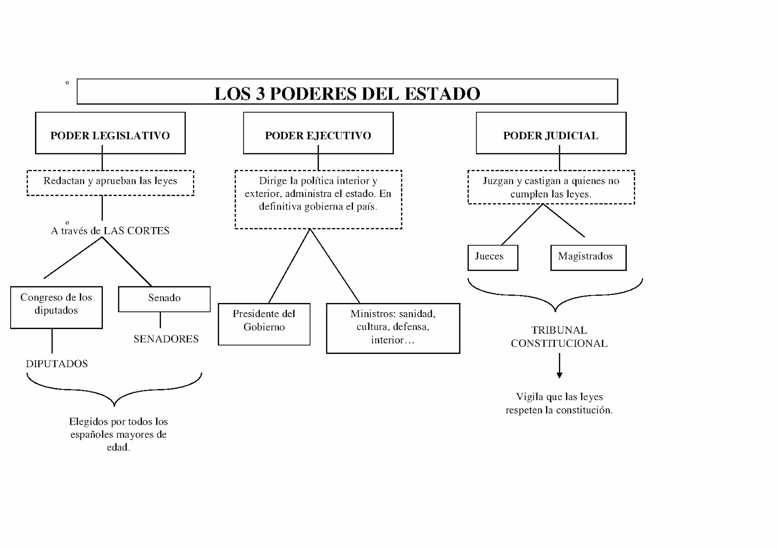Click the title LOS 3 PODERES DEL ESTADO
(347, 93)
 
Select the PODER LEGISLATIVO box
(110, 135)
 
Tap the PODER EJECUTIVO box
(318, 135)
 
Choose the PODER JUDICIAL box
(550, 135)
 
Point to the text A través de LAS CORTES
(110, 231)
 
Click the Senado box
(164, 298)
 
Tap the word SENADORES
(166, 339)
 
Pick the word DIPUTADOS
(57, 364)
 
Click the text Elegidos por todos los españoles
(118, 434)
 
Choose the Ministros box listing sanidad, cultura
(393, 327)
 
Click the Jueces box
(492, 257)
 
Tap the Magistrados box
(588, 257)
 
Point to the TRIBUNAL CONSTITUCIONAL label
(559, 337)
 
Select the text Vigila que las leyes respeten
(559, 403)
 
